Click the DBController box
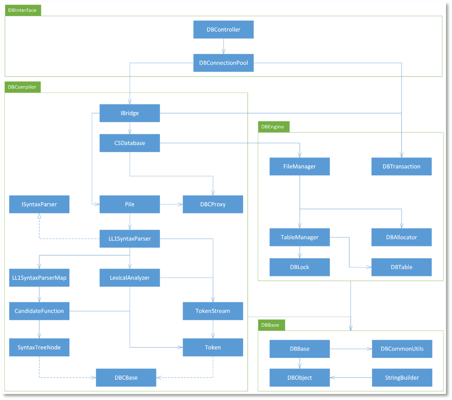coord(223,30)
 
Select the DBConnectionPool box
coord(223,63)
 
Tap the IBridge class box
coord(130,113)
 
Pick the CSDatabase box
coord(130,143)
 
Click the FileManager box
coord(300,166)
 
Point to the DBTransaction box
coord(402,166)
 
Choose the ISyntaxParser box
coord(39,204)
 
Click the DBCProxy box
coord(213,204)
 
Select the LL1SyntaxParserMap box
coord(39,278)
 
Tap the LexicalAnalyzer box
coord(130,278)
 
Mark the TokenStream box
coord(213,311)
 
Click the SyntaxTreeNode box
coord(39,347)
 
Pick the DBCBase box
coord(126,377)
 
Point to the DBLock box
coord(300,267)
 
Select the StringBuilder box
coord(402,377)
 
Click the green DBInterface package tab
coord(23,10)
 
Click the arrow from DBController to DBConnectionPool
coord(224,46)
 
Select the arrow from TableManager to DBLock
coord(300,252)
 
